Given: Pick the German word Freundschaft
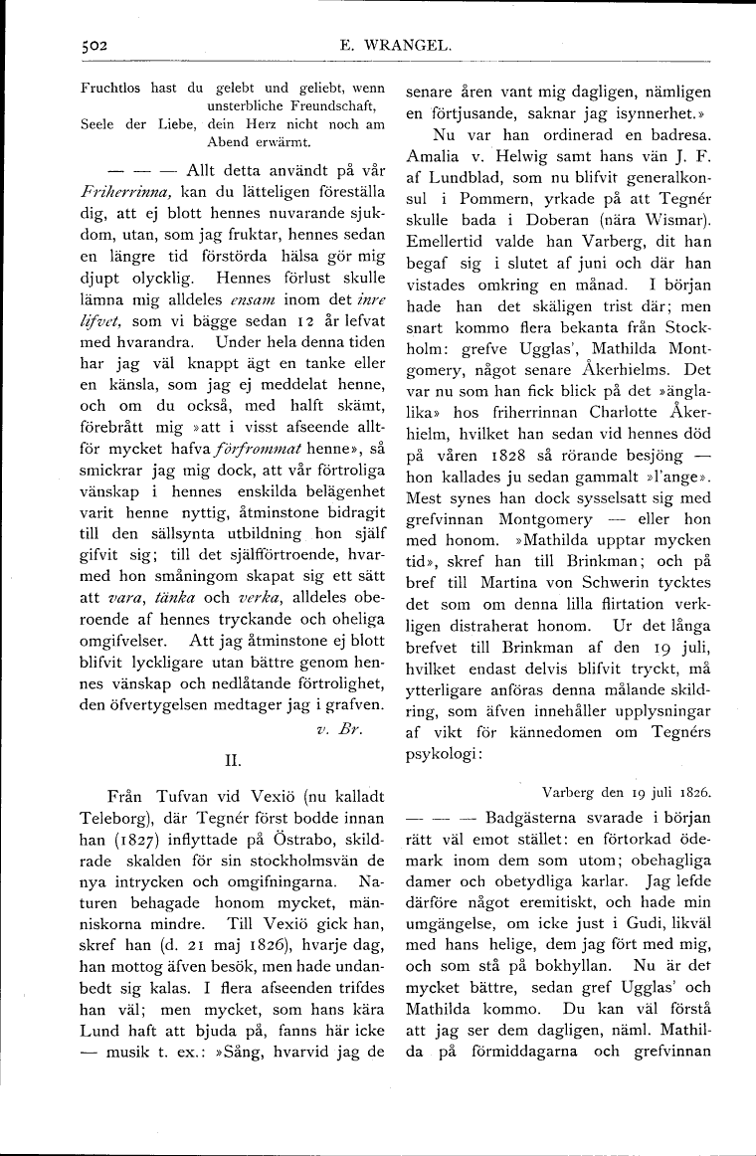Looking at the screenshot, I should coord(330,105).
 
